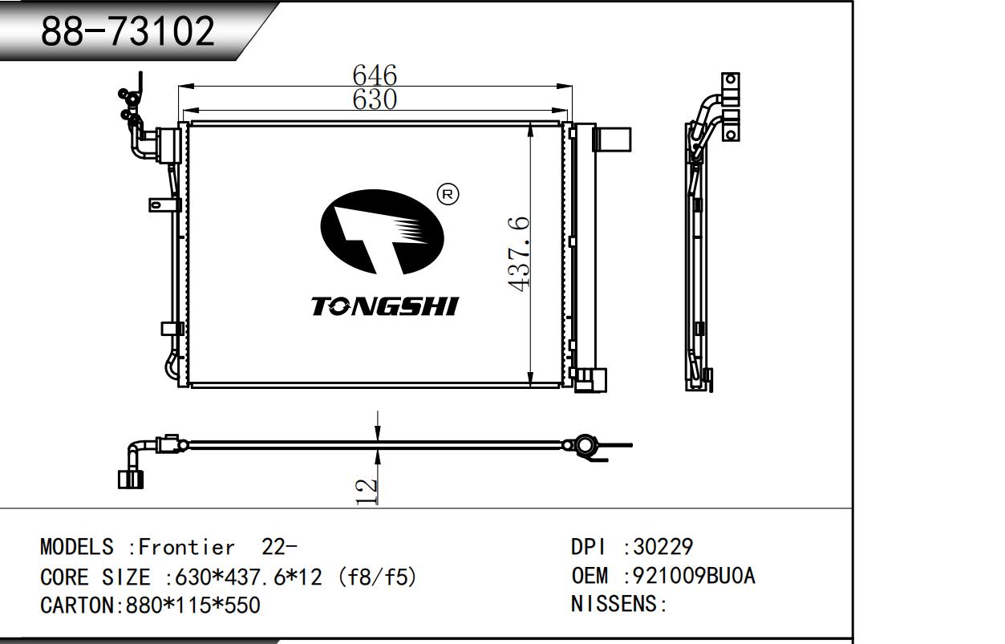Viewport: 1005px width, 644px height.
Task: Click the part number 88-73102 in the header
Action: tap(128, 31)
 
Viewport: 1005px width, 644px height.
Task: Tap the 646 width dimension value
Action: tap(375, 75)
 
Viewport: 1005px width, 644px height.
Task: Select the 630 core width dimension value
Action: tap(375, 99)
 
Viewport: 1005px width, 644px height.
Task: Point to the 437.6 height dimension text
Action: tap(519, 254)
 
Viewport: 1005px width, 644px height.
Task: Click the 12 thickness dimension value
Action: tap(367, 492)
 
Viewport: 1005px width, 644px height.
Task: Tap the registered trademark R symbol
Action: tap(448, 195)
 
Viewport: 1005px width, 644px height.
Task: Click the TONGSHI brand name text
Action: tap(385, 306)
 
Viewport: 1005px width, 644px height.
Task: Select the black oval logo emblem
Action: tap(383, 232)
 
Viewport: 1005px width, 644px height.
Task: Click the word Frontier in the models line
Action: tap(186, 547)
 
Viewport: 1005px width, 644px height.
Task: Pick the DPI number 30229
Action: tap(663, 547)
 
